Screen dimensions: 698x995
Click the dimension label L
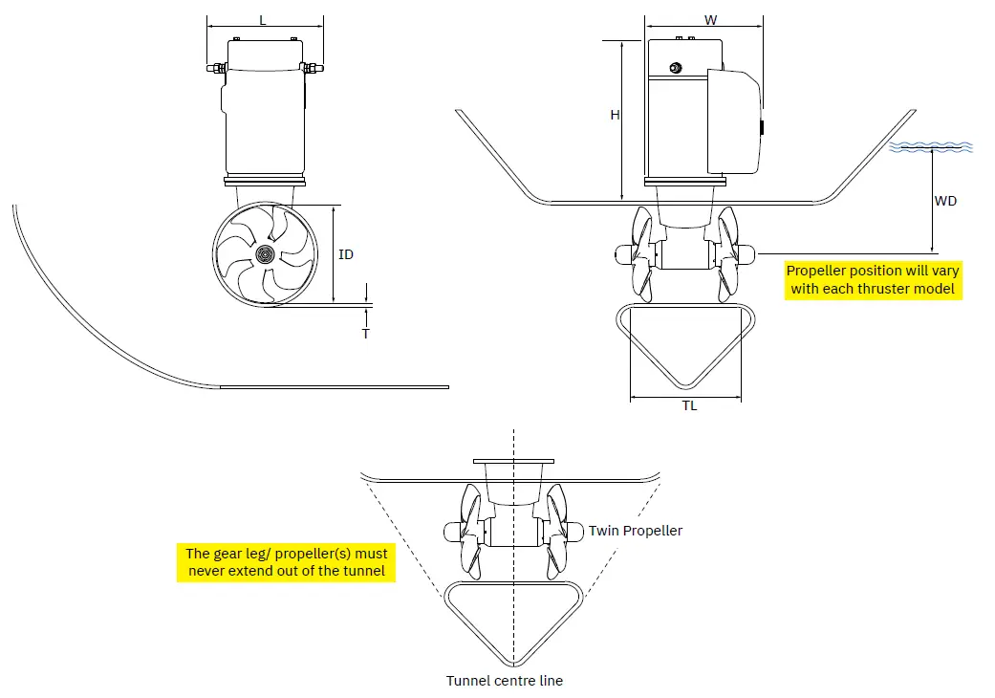tap(263, 18)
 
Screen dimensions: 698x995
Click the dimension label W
tap(710, 19)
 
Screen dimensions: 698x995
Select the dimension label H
tap(616, 115)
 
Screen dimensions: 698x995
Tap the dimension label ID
tap(346, 254)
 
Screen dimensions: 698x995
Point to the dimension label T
tap(365, 334)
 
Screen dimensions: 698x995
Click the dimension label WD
tap(945, 201)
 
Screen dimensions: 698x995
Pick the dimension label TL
tap(689, 405)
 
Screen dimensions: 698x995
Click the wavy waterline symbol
tap(931, 147)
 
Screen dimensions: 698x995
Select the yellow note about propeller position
tap(873, 279)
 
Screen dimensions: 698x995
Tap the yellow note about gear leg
tap(287, 562)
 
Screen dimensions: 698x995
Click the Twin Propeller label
tap(636, 530)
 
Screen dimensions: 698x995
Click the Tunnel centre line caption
tap(505, 681)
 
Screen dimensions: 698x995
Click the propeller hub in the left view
tap(265, 254)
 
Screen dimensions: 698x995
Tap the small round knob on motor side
tap(676, 67)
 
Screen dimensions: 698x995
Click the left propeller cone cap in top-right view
tap(622, 253)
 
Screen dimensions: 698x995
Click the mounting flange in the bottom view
tap(514, 462)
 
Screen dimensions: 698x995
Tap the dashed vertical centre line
tap(514, 612)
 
